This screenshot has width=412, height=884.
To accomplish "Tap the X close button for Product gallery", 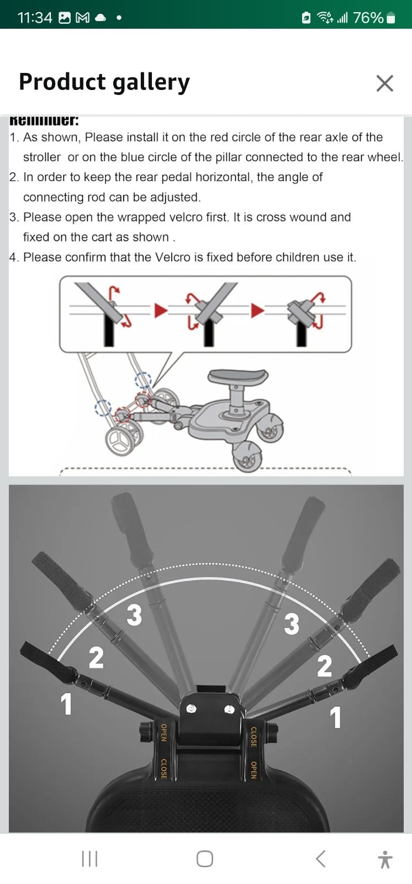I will point(384,83).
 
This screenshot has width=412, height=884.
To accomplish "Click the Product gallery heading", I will point(104,82).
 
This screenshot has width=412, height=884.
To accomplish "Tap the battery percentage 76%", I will point(368,18).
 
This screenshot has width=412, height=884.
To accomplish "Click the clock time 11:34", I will point(35,18).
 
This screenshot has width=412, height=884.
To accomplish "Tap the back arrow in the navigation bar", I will point(320,859).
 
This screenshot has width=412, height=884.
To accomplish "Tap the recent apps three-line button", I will point(89,859).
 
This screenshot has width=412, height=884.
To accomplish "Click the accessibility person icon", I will point(385,859).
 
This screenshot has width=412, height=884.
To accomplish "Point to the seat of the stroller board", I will point(237,378).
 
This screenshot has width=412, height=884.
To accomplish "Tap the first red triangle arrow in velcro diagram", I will point(160,311).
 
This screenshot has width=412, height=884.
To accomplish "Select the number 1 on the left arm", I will point(66,704).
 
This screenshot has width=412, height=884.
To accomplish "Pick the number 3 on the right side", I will point(292,624).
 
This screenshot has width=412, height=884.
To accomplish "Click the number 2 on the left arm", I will point(96,657).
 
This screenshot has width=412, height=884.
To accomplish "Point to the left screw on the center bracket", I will point(191,709).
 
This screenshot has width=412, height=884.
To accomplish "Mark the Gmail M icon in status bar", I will point(82,18).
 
